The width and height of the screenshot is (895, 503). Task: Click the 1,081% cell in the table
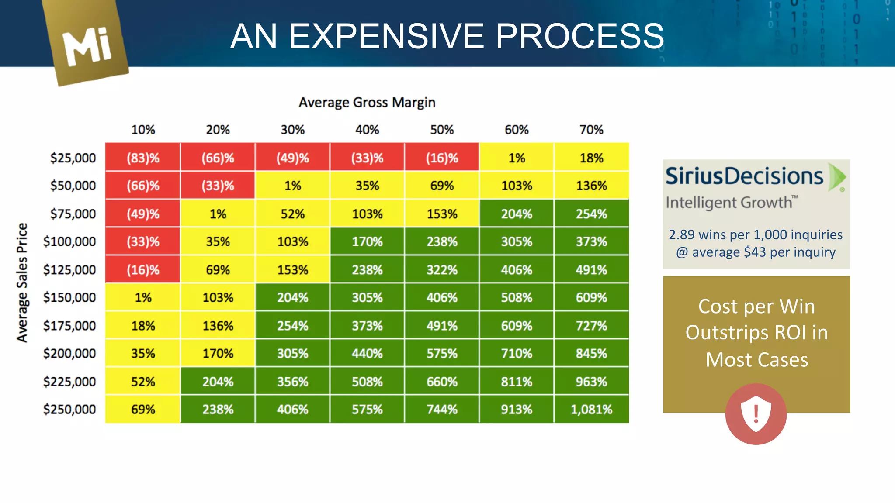(591, 409)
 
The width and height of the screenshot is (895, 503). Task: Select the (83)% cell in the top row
(143, 158)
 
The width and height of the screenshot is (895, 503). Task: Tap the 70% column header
(591, 130)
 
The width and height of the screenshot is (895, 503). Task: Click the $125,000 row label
(69, 269)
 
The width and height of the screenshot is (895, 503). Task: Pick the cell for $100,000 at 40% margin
(367, 241)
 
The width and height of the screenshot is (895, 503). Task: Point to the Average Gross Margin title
(367, 103)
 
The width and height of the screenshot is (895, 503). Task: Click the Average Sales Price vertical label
(22, 283)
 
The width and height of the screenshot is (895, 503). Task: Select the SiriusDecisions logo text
(744, 176)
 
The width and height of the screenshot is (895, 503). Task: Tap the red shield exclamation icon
(756, 414)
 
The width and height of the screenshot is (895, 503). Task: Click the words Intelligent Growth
(729, 203)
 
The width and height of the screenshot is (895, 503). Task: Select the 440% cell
(367, 353)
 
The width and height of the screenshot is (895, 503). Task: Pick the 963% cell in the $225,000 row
(591, 382)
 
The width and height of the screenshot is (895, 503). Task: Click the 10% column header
(143, 130)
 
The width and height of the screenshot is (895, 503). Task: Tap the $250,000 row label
(69, 409)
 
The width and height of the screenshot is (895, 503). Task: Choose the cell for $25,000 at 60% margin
(517, 158)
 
